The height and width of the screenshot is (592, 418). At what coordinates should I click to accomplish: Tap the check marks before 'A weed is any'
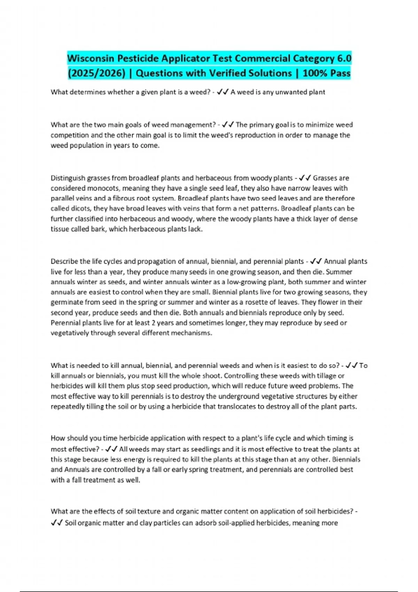pyautogui.click(x=223, y=92)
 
